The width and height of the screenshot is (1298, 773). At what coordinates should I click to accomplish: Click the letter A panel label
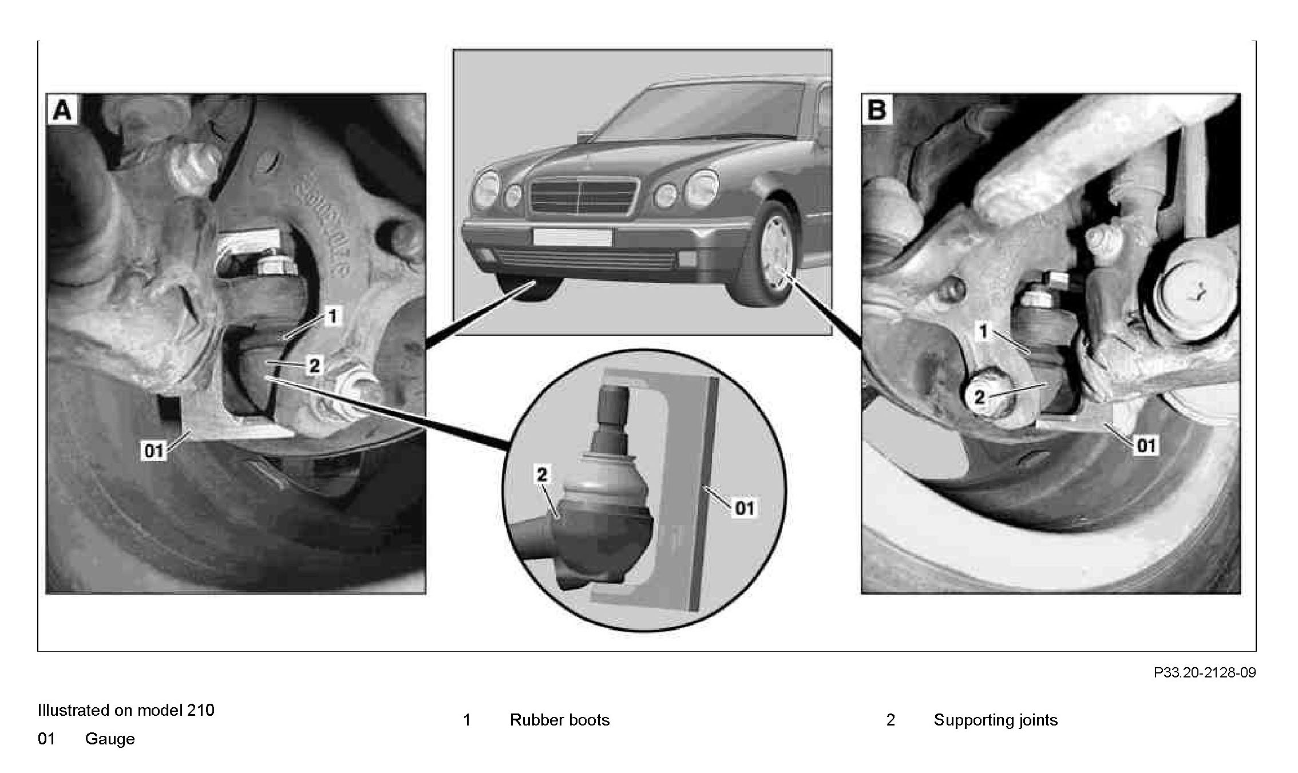pyautogui.click(x=62, y=110)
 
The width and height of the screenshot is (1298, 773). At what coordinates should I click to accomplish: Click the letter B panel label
pyautogui.click(x=877, y=110)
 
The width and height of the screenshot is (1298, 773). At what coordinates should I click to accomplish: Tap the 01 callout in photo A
pyautogui.click(x=153, y=451)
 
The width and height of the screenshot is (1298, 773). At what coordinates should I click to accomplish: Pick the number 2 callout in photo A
pyautogui.click(x=314, y=365)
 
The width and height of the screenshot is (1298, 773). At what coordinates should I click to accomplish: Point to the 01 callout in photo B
pyautogui.click(x=1146, y=445)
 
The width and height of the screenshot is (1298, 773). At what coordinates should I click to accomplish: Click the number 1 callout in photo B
pyautogui.click(x=984, y=331)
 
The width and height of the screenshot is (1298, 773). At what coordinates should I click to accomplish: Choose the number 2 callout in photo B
pyautogui.click(x=980, y=396)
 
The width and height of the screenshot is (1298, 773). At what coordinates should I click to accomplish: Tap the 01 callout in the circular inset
pyautogui.click(x=744, y=507)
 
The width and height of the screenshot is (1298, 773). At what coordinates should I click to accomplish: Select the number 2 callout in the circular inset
pyautogui.click(x=541, y=474)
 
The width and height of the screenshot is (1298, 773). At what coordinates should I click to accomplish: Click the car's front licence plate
pyautogui.click(x=572, y=237)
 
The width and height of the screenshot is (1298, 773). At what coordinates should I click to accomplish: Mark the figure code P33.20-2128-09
pyautogui.click(x=1204, y=672)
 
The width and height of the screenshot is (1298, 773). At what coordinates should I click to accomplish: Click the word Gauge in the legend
pyautogui.click(x=110, y=739)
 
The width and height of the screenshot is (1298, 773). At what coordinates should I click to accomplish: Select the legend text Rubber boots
pyautogui.click(x=559, y=720)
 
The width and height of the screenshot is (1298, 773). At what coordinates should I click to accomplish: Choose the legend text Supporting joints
pyautogui.click(x=995, y=720)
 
